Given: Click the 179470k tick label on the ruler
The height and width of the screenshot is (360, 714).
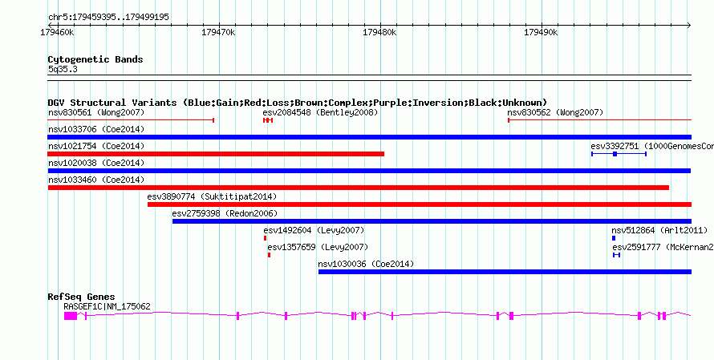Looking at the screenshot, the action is pos(218,33).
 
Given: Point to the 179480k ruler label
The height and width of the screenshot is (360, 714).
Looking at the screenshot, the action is pos(379,33).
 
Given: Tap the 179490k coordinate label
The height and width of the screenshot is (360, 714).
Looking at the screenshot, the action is pos(541,33).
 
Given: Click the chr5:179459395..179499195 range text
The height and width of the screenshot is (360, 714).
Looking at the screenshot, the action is pos(108,18).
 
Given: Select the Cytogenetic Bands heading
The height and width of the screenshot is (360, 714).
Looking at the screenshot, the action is pos(95,59).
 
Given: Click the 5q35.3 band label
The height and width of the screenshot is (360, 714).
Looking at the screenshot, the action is pos(63,70).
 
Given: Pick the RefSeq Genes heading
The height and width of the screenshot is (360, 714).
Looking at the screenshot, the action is pos(82,297).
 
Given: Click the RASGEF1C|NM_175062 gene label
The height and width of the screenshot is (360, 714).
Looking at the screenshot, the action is pos(107,307).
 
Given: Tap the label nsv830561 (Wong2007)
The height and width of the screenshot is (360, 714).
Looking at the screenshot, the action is pos(96,112).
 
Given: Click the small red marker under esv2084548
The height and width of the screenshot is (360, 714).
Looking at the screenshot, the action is pos(268,120).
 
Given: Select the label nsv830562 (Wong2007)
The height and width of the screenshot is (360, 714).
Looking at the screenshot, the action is pos(555,112).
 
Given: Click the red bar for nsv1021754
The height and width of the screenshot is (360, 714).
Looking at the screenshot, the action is pos(216,154).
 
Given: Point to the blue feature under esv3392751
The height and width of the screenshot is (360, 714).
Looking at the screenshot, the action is pos(619,154).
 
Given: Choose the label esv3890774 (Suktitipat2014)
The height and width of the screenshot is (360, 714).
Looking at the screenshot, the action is pos(212,196).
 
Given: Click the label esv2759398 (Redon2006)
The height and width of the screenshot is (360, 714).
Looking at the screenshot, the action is pos(225,213).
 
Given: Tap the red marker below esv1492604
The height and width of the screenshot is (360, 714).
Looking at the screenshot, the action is pos(265,238).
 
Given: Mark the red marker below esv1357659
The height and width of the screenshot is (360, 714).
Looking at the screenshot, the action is pos(269,255).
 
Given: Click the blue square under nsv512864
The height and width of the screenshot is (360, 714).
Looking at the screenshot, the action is pos(614,238).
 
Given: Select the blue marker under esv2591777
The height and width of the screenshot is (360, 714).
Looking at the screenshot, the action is pos(617,255).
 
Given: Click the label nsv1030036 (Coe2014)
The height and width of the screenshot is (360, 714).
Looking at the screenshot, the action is pos(366,264).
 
